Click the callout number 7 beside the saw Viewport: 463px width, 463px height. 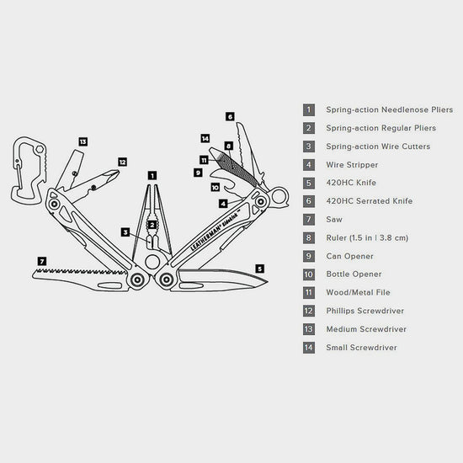(42, 261)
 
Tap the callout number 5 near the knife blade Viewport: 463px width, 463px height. (259, 269)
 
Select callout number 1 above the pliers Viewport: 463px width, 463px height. (152, 176)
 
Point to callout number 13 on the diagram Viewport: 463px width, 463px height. (82, 142)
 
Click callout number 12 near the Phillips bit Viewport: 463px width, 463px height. (122, 162)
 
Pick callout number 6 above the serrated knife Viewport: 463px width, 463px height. (230, 116)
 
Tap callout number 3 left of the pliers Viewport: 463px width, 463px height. (125, 231)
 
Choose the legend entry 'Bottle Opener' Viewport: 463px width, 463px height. (354, 274)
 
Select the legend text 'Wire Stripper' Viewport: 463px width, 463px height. (352, 164)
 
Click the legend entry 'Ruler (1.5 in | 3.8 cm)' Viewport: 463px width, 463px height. (367, 237)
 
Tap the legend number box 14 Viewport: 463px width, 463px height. (309, 347)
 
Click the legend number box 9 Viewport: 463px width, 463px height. (309, 256)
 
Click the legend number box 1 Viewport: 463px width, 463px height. (309, 109)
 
